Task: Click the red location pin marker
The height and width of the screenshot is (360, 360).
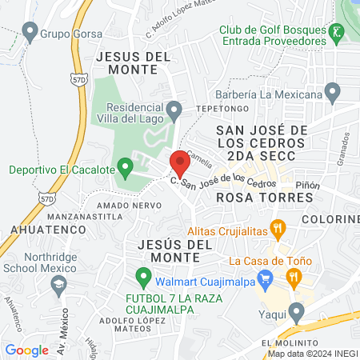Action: click(179, 162)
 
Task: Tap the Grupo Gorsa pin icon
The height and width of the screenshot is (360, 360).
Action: click(30, 33)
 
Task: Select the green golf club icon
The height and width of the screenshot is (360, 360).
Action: click(337, 34)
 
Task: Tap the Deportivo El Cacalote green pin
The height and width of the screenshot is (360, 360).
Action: click(124, 168)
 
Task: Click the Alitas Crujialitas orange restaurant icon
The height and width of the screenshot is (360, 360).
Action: click(278, 227)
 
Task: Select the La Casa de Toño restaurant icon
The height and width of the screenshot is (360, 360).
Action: click(294, 277)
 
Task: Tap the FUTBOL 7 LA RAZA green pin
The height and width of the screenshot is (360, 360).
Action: click(143, 279)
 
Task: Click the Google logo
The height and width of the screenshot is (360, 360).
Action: click(26, 350)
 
